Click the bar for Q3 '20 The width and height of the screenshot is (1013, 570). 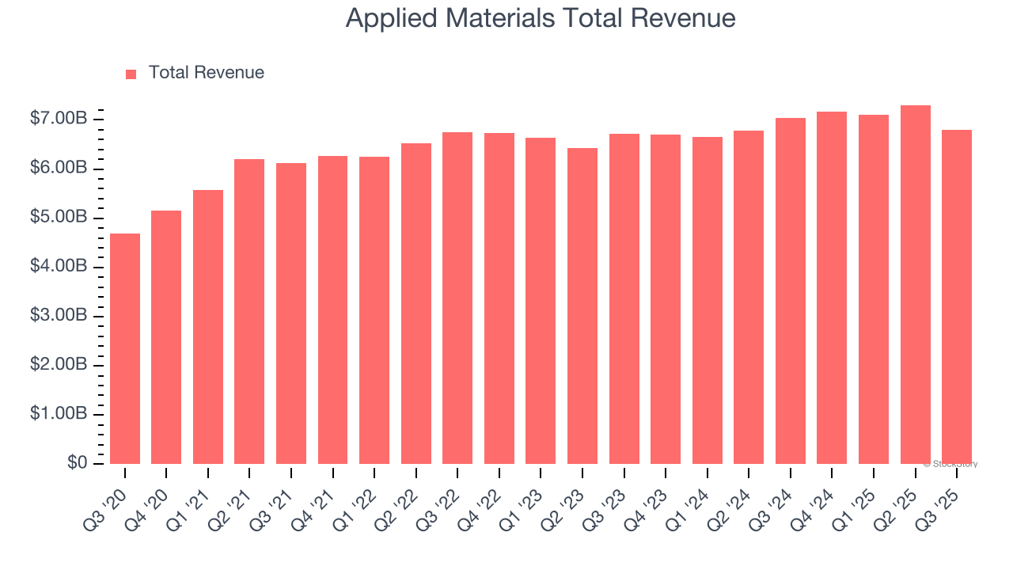point(125,348)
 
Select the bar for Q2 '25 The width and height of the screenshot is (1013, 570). point(915,284)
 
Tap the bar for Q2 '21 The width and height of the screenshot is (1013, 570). point(249,311)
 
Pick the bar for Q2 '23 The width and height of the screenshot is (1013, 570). point(582,306)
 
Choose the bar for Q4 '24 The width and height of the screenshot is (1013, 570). point(832,287)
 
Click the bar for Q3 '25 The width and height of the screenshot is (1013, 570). point(957,297)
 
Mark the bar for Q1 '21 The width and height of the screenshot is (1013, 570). point(208,327)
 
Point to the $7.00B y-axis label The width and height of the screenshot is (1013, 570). point(59,119)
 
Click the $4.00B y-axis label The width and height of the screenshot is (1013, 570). point(59,266)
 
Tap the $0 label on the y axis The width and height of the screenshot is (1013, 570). point(77,462)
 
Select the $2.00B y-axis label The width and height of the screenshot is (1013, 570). point(59,364)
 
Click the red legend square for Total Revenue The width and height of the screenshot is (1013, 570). point(131,74)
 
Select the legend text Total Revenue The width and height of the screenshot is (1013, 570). point(206,73)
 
